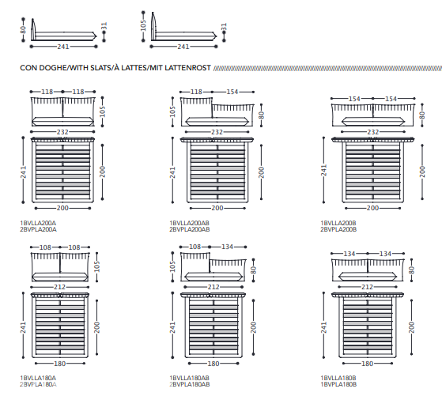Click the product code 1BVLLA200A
tap(38, 223)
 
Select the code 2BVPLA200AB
tap(190, 229)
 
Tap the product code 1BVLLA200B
tap(338, 223)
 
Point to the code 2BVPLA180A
tap(38, 384)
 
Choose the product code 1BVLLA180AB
tap(190, 378)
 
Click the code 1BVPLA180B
tap(338, 384)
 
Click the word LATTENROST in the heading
tap(187, 68)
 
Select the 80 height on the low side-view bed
tap(23, 29)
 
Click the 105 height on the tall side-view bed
tap(143, 25)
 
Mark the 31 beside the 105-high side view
tap(224, 27)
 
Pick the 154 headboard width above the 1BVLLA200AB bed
tap(232, 92)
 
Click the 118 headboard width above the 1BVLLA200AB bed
tap(196, 92)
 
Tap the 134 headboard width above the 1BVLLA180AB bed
tap(227, 247)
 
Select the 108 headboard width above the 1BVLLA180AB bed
tap(195, 247)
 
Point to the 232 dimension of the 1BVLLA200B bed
tap(372, 132)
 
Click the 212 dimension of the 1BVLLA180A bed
tap(60, 287)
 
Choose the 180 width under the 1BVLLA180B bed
tap(368, 364)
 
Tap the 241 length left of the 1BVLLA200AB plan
tap(172, 172)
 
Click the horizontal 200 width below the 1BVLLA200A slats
tap(62, 208)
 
